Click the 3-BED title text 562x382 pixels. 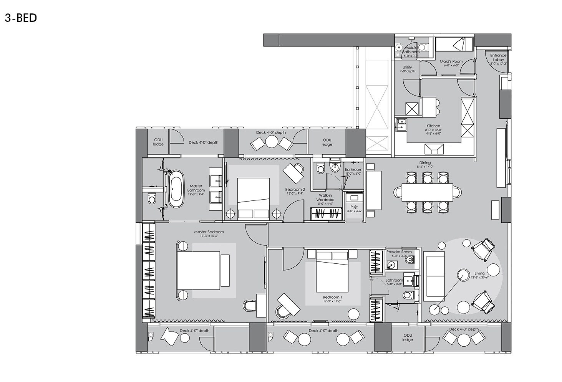tap(21, 18)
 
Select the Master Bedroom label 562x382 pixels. tap(209, 232)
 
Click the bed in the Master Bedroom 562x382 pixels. tap(199, 270)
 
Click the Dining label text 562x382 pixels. tap(425, 163)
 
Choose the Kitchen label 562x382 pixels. tap(433, 126)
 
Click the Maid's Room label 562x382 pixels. tap(451, 61)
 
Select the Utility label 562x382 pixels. tap(407, 68)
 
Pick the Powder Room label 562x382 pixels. tap(399, 252)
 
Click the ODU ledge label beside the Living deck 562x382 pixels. tap(408, 337)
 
